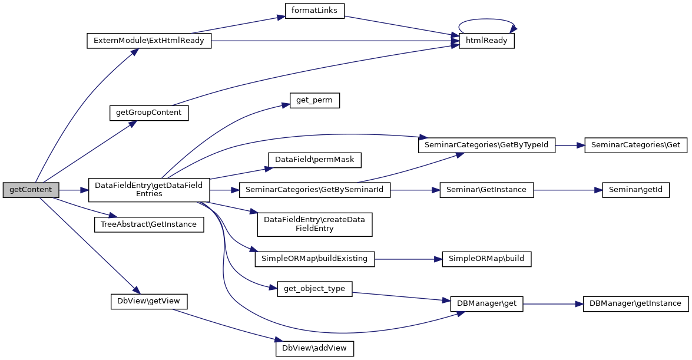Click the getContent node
(x=31, y=190)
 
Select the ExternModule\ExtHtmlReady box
(x=148, y=41)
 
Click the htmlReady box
(x=486, y=41)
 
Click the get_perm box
(x=314, y=100)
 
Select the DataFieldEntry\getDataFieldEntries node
(x=149, y=190)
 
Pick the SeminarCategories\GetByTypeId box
(x=486, y=145)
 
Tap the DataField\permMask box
(x=314, y=159)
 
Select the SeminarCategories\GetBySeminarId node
(x=314, y=190)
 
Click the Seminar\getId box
(x=635, y=190)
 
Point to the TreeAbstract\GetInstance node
(x=149, y=224)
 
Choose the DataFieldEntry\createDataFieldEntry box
(x=314, y=224)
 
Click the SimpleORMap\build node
(x=486, y=259)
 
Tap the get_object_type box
(x=314, y=289)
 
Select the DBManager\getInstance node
(x=635, y=303)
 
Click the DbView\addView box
(x=314, y=348)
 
